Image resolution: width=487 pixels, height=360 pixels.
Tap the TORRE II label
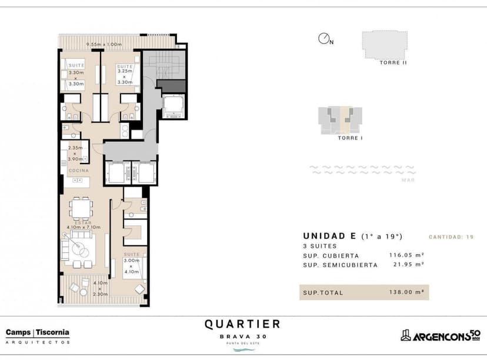pyautogui.click(x=393, y=62)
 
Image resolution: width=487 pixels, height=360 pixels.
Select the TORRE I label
pyautogui.click(x=349, y=138)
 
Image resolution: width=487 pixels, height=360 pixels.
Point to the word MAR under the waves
pyautogui.click(x=408, y=180)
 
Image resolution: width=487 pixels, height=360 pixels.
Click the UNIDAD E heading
pyautogui.click(x=329, y=236)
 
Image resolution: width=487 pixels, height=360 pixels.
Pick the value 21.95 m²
pyautogui.click(x=408, y=265)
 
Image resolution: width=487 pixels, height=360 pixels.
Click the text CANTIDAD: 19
pyautogui.click(x=451, y=236)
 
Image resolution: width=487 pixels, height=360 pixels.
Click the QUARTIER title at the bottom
pyautogui.click(x=242, y=324)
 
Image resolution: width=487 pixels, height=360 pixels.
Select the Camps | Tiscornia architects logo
pyautogui.click(x=37, y=336)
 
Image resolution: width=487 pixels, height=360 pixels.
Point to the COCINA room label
pyautogui.click(x=78, y=171)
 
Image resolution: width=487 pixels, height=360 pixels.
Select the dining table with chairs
pyautogui.click(x=81, y=209)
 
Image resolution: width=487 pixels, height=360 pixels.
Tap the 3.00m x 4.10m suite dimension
pyautogui.click(x=132, y=266)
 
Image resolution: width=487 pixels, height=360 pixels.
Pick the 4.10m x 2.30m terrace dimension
pyautogui.click(x=100, y=289)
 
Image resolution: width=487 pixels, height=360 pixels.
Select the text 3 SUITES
pyautogui.click(x=319, y=246)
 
